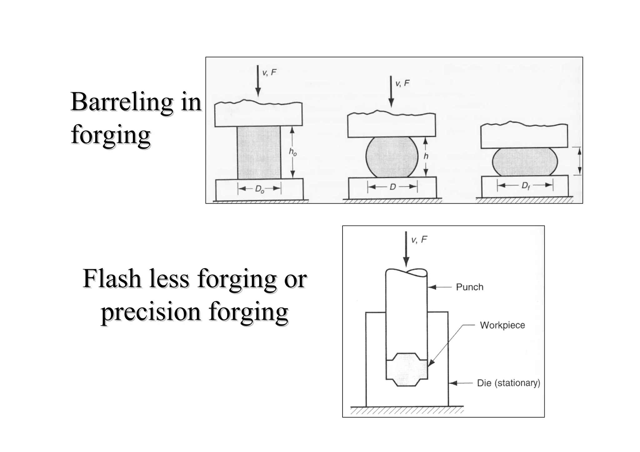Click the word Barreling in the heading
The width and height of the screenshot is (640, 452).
tap(122, 102)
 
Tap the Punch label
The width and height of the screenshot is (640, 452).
tap(469, 287)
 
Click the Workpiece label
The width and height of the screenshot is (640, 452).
tap(502, 325)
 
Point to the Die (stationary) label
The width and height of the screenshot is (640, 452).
tap(508, 383)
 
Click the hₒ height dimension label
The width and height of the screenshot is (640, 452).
tap(293, 152)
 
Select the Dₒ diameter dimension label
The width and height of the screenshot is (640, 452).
tap(260, 189)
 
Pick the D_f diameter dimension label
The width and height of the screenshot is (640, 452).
tap(526, 186)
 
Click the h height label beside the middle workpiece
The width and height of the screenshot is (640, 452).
tap(426, 156)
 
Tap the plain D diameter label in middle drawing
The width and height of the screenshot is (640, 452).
tap(392, 187)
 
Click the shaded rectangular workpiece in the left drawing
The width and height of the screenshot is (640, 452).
tap(259, 152)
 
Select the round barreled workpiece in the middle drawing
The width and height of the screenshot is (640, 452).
tap(392, 157)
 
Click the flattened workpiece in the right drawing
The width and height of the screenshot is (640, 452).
tap(525, 162)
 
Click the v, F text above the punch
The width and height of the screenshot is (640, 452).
tap(419, 240)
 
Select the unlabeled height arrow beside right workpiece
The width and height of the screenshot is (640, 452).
tap(579, 161)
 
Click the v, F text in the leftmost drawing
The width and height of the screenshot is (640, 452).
tap(269, 72)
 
